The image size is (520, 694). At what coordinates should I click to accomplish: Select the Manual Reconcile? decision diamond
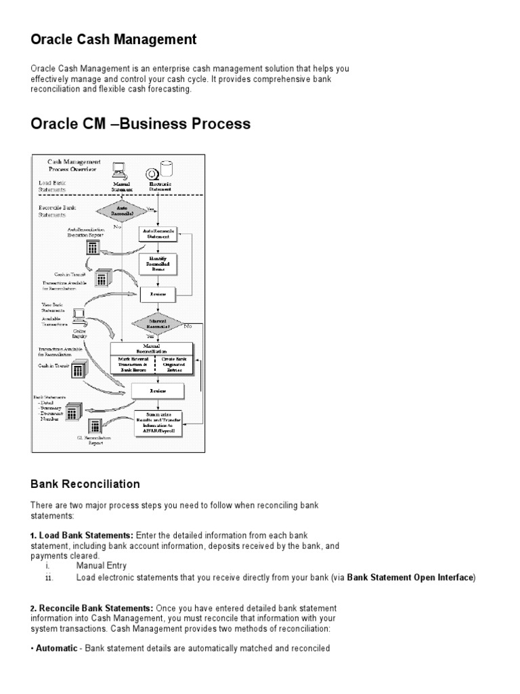[157, 323]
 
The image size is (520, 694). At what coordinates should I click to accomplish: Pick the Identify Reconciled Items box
[157, 264]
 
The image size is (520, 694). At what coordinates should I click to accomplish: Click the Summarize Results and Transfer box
[157, 421]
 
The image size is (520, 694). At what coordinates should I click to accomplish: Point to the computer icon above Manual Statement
[120, 169]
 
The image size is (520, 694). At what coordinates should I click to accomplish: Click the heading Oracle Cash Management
[114, 40]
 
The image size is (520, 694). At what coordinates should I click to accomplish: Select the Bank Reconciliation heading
[85, 484]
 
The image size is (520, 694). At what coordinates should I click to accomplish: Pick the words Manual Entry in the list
[102, 565]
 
